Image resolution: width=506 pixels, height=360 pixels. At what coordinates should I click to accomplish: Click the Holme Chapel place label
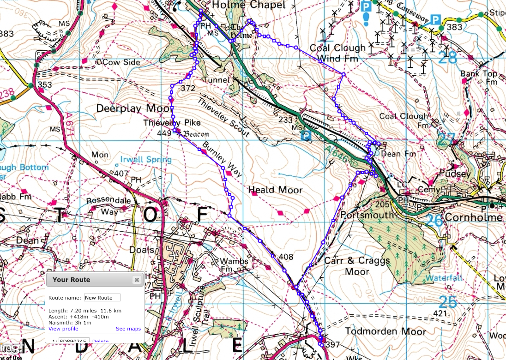tap(249, 5)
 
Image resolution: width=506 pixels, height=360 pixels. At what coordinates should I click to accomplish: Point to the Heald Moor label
tap(275, 190)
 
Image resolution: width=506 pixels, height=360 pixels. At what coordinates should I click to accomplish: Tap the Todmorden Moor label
tap(379, 331)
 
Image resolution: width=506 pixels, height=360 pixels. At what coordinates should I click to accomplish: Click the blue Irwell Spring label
tap(145, 160)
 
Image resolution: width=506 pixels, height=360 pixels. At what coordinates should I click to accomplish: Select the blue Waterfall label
tap(444, 278)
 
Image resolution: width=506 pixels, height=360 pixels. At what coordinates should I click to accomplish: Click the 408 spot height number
tap(273, 256)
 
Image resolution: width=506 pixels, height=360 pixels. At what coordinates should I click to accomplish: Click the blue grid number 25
tap(447, 302)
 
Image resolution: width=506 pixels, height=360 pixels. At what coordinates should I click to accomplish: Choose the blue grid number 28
tap(447, 58)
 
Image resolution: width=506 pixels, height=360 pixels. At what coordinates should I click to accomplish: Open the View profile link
tap(63, 329)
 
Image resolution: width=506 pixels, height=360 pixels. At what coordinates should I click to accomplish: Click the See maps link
tap(128, 329)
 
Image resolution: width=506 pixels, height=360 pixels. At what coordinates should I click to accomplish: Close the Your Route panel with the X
tap(137, 280)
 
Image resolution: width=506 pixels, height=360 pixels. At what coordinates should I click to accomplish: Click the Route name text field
tap(102, 298)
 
